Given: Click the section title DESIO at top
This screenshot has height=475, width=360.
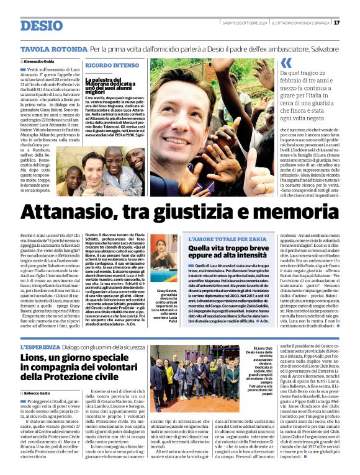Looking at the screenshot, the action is [x=42, y=26].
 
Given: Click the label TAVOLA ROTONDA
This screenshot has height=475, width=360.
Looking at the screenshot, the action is [x=53, y=49].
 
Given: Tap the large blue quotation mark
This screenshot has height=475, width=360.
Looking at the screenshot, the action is [x=286, y=63].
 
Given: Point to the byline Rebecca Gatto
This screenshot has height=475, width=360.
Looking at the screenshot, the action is [x=38, y=393].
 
